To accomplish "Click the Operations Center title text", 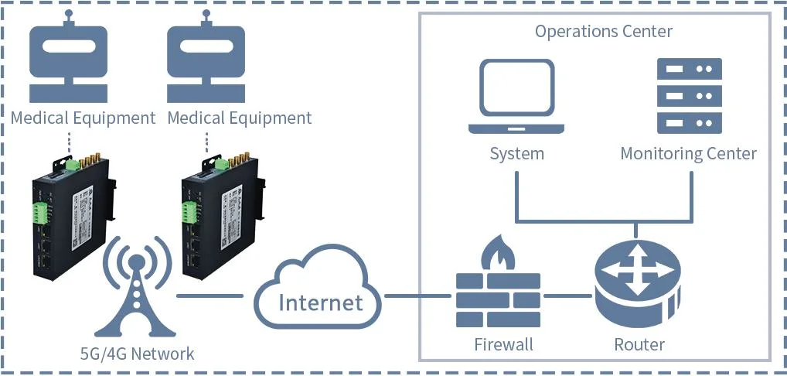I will tap(603, 32).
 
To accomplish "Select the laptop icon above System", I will tap(516, 97).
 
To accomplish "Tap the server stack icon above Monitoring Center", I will tap(688, 95).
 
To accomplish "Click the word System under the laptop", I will tap(516, 153).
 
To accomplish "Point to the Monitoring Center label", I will tap(688, 153).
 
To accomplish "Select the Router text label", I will tap(639, 344).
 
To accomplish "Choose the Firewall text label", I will tap(503, 344).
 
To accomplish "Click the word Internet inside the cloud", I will tap(320, 301).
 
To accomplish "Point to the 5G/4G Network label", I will tap(138, 354).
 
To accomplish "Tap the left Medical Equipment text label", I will tap(83, 118).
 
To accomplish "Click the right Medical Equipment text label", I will tap(240, 118).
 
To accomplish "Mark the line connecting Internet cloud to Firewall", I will tap(417, 296).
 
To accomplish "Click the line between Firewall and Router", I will tap(568, 296).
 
